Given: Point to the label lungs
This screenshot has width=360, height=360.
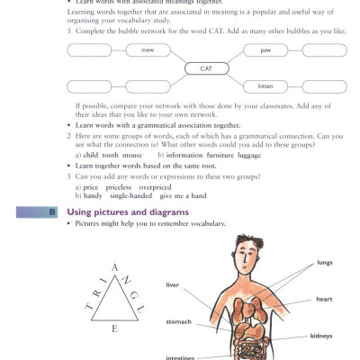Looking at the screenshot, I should [324, 264].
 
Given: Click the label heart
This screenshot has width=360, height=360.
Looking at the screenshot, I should [324, 299].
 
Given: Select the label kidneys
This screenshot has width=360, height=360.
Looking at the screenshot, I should [321, 336].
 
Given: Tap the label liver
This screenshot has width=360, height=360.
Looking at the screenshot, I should [173, 285].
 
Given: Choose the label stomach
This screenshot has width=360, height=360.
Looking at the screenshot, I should [178, 320].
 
